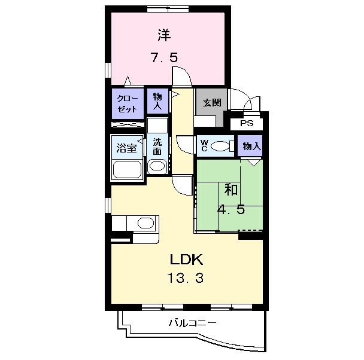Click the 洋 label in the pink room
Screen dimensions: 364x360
(165, 35)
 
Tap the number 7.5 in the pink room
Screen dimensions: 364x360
(165, 57)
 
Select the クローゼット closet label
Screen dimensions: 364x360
(128, 104)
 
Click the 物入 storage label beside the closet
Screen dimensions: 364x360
(157, 101)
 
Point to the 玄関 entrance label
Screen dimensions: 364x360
(212, 103)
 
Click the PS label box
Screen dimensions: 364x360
(247, 123)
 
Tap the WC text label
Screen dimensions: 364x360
(204, 145)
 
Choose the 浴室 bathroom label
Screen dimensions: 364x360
(126, 148)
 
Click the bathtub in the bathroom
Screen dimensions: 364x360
(127, 169)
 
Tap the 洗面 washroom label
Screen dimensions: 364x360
(157, 147)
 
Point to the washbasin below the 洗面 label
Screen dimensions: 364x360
(157, 166)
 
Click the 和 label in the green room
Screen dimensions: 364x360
(230, 190)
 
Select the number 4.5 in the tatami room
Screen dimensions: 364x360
(231, 210)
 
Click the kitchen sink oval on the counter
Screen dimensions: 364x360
(146, 223)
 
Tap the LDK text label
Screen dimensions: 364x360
(187, 260)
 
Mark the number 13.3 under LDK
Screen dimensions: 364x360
(186, 278)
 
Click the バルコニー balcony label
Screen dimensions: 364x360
(192, 323)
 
